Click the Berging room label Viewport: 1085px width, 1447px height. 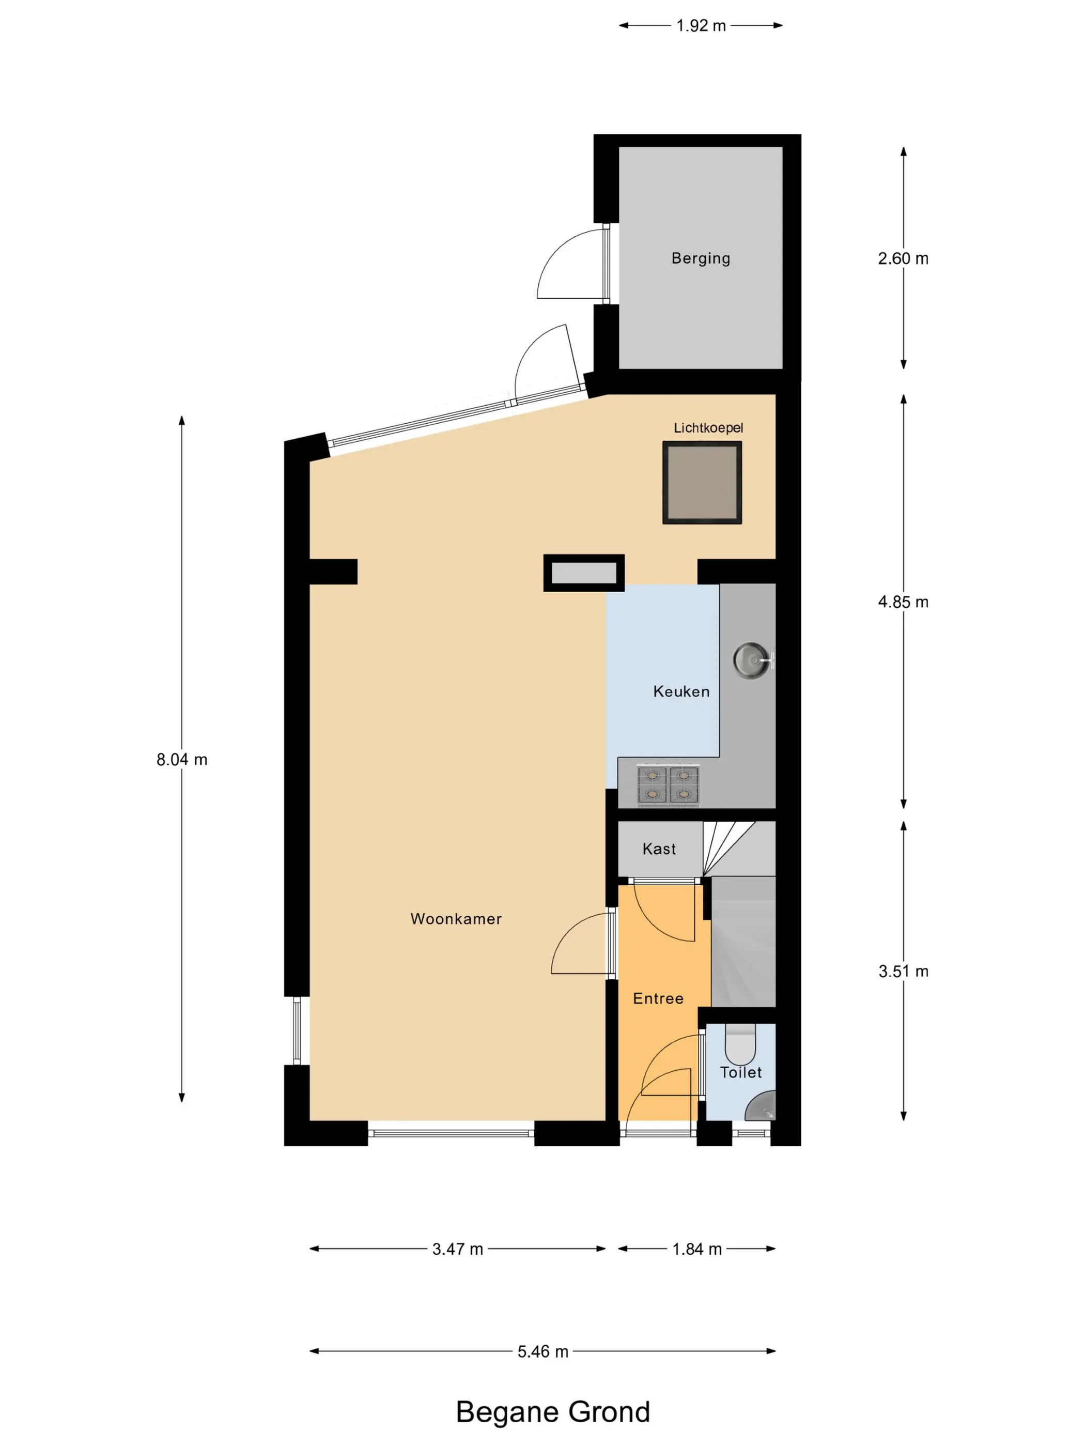(x=701, y=258)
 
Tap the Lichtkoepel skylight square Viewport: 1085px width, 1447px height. (x=702, y=482)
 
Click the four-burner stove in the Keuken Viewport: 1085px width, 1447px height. (x=668, y=784)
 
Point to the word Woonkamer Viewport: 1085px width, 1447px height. (x=456, y=918)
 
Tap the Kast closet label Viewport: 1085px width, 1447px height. (x=659, y=849)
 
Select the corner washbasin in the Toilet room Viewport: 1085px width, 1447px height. (x=761, y=1105)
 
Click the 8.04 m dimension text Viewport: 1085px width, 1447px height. (x=182, y=760)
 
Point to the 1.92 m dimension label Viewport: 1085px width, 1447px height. (x=701, y=25)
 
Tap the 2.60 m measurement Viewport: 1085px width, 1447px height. (x=903, y=258)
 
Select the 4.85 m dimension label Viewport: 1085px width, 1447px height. (x=903, y=602)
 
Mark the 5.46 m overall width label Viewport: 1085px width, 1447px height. (x=543, y=1351)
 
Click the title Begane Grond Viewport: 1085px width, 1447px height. (x=553, y=1412)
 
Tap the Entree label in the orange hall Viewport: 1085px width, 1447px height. (x=658, y=998)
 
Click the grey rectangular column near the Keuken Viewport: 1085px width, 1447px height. (x=584, y=573)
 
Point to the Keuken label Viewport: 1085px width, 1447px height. (x=681, y=691)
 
